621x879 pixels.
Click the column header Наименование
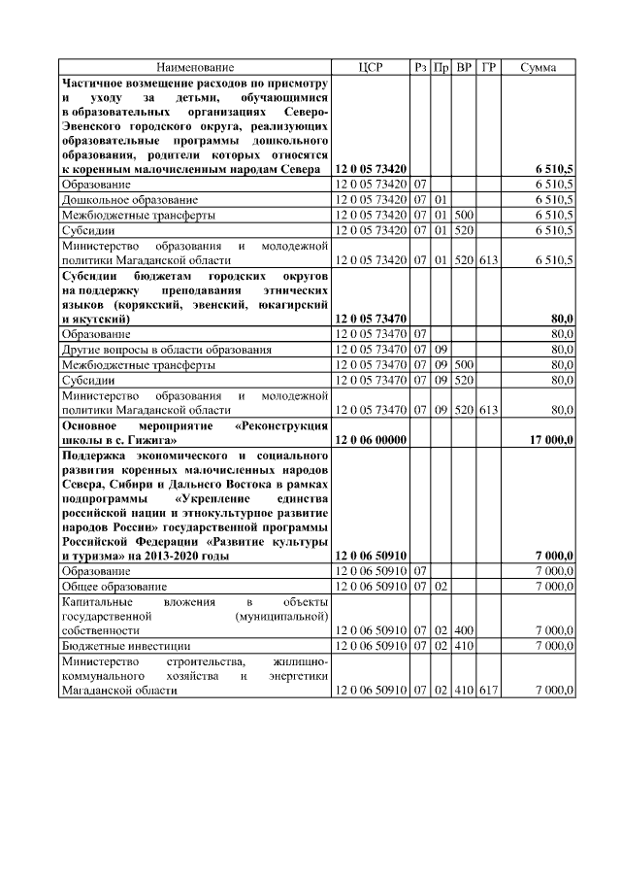pos(195,67)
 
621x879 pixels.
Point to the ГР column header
pos(489,67)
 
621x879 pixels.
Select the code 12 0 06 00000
pos(370,440)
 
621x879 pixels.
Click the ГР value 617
pos(488,690)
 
